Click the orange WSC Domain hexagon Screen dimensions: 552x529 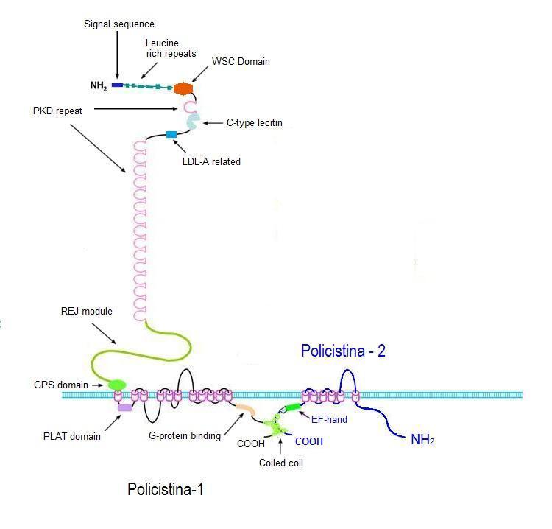[x=183, y=88]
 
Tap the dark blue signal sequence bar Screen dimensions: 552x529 [x=117, y=85]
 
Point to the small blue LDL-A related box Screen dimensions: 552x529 [x=171, y=134]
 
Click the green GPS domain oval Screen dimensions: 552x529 [x=116, y=385]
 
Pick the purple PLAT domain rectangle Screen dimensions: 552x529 [x=124, y=407]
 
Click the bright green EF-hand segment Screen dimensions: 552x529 [x=294, y=407]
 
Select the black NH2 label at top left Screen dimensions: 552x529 [x=98, y=86]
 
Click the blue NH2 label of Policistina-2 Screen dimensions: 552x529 [x=422, y=441]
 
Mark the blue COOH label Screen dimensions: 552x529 [x=308, y=442]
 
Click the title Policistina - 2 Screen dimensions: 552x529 [x=343, y=351]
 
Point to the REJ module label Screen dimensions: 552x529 [x=86, y=312]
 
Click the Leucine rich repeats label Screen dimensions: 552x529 [x=162, y=49]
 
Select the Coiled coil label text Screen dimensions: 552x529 [x=282, y=463]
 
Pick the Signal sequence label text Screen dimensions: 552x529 [x=118, y=24]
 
